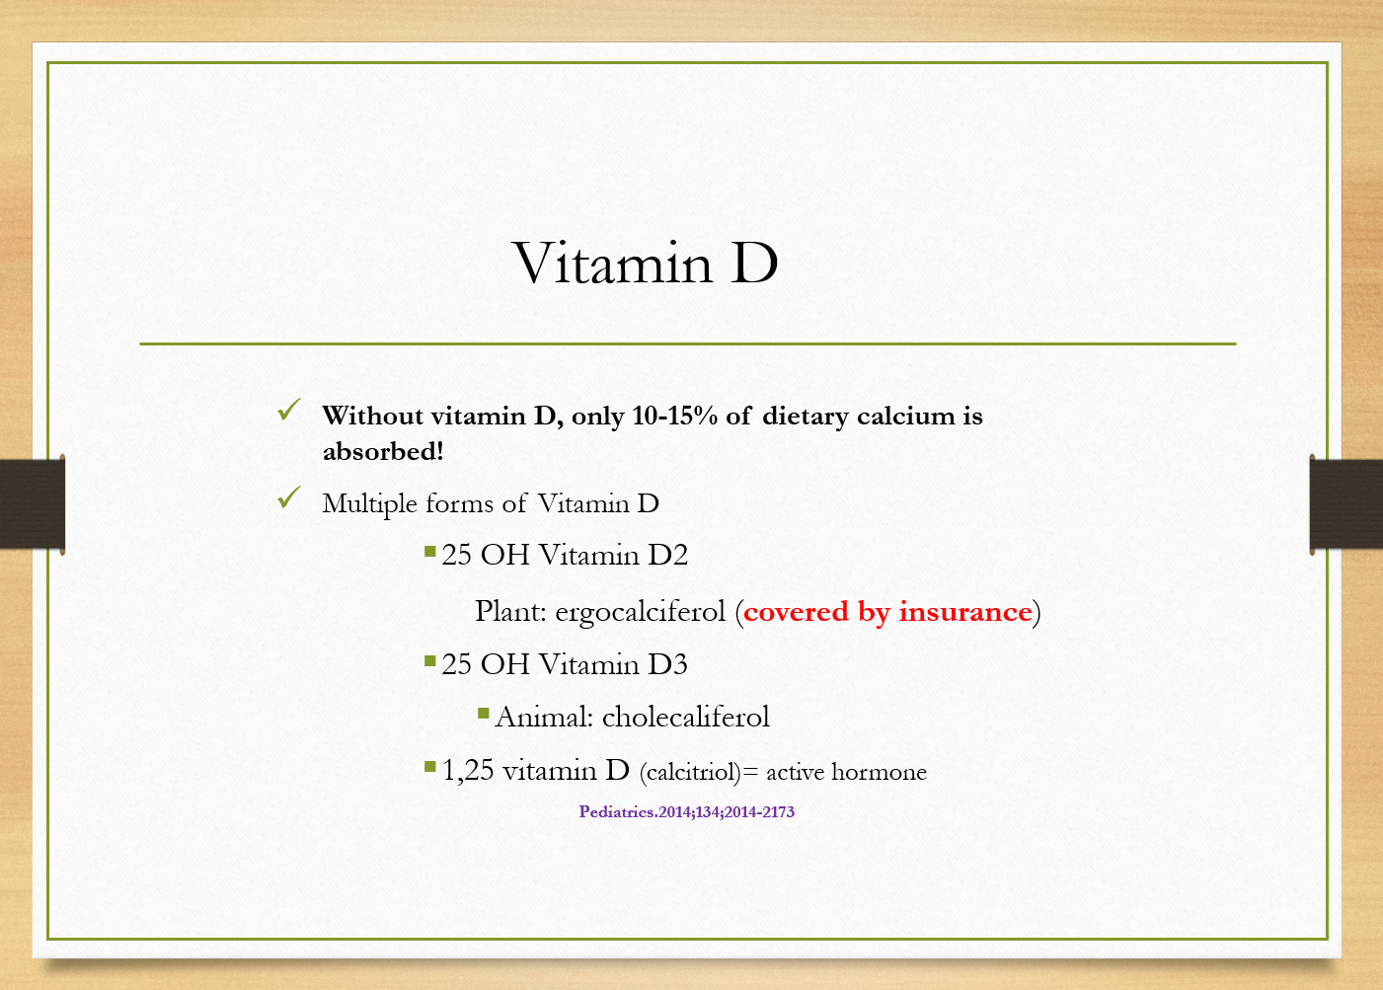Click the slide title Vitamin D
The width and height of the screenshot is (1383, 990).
646,263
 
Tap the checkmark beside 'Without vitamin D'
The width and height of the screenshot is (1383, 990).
289,410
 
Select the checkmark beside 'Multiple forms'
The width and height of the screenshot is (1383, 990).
289,497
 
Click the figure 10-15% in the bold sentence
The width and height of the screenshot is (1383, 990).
674,416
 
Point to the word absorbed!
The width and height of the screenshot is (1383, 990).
383,451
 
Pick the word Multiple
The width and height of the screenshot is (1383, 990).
370,504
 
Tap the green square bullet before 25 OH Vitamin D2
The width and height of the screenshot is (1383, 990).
430,551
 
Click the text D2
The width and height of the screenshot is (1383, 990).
667,555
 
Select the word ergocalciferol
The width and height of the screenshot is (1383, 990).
641,612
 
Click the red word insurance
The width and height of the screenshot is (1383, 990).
965,612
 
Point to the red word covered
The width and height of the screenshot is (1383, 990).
796,612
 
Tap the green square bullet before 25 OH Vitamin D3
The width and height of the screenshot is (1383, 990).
430,662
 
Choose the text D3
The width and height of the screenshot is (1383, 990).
667,664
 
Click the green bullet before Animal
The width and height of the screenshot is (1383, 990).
484,714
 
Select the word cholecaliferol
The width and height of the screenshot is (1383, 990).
686,718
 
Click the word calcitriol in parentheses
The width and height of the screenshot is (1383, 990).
690,772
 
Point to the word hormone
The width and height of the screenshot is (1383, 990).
880,772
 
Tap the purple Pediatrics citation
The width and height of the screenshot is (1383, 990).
686,811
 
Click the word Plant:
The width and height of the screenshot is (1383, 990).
510,612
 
